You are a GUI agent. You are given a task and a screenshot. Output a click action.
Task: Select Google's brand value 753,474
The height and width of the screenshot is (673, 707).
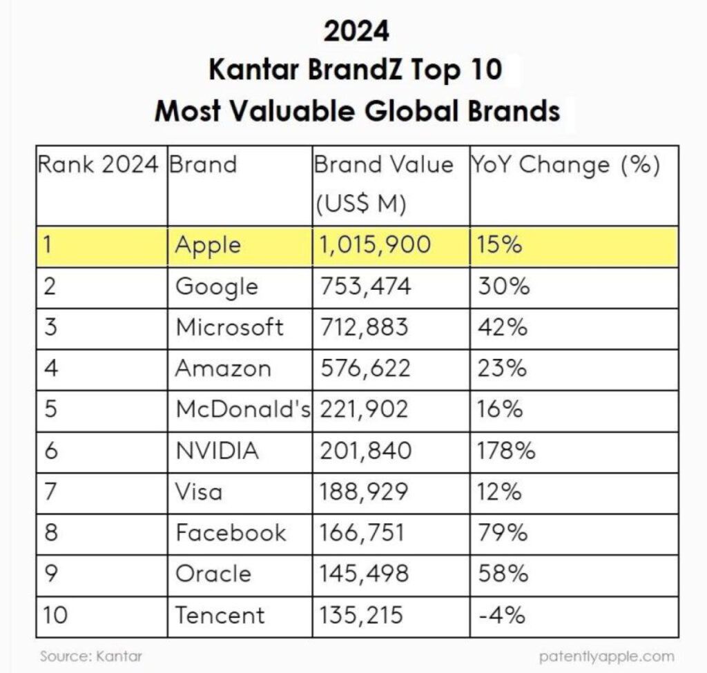(x=366, y=286)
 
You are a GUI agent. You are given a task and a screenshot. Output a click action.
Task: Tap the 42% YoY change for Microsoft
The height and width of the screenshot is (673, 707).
(x=503, y=327)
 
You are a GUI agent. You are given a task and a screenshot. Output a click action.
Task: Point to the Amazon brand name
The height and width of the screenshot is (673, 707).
(x=223, y=369)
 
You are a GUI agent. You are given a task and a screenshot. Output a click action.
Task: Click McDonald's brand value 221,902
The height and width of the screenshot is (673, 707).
(x=364, y=409)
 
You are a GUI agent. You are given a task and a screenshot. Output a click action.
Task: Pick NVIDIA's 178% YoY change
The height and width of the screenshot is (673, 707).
(x=506, y=450)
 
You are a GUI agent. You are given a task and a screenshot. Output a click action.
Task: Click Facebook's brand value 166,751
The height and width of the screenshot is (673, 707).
(x=362, y=532)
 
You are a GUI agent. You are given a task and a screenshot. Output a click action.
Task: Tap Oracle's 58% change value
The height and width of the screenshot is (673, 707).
(x=503, y=574)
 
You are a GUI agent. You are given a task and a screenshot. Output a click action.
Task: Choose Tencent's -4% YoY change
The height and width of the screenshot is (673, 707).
(x=501, y=615)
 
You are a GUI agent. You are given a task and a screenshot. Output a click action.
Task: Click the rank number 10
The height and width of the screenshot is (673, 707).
(x=55, y=615)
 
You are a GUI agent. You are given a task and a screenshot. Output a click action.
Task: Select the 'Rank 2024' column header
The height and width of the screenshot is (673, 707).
(x=98, y=164)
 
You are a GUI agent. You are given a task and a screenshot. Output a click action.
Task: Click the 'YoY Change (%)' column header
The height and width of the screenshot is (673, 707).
(x=565, y=165)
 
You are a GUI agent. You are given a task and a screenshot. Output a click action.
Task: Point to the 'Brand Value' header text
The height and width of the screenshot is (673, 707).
(x=383, y=164)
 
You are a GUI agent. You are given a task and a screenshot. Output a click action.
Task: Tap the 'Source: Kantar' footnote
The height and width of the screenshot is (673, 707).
(x=91, y=656)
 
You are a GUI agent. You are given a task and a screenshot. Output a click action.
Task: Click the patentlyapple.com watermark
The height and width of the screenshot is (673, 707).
(x=606, y=656)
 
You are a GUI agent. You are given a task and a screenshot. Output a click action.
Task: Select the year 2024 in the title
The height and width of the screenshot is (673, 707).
(x=356, y=32)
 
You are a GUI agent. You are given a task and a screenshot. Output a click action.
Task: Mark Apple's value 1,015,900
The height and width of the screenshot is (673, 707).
(x=375, y=245)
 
